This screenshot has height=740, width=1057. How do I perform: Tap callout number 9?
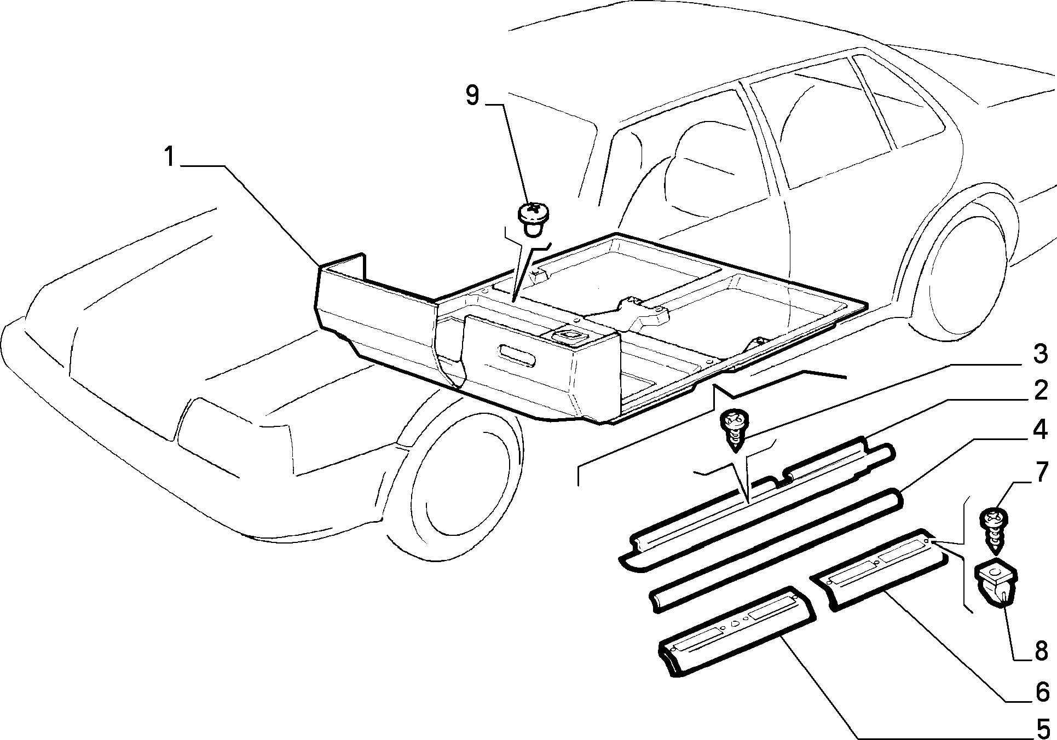point(472,95)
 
